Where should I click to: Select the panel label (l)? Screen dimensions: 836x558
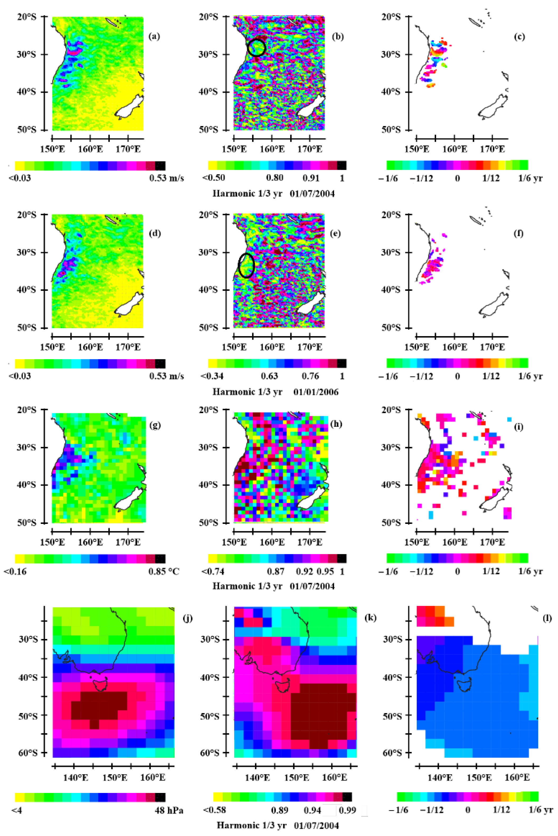tap(547, 618)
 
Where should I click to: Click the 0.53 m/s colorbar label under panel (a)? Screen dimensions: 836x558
tap(166, 178)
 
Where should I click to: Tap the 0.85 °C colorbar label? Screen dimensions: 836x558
tap(164, 572)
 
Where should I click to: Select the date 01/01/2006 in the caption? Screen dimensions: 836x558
tap(316, 392)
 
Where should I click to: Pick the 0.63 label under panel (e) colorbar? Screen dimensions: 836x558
tap(269, 376)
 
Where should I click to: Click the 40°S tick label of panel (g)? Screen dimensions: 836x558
tap(26, 485)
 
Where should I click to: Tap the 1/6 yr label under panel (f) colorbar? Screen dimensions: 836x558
tap(530, 376)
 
